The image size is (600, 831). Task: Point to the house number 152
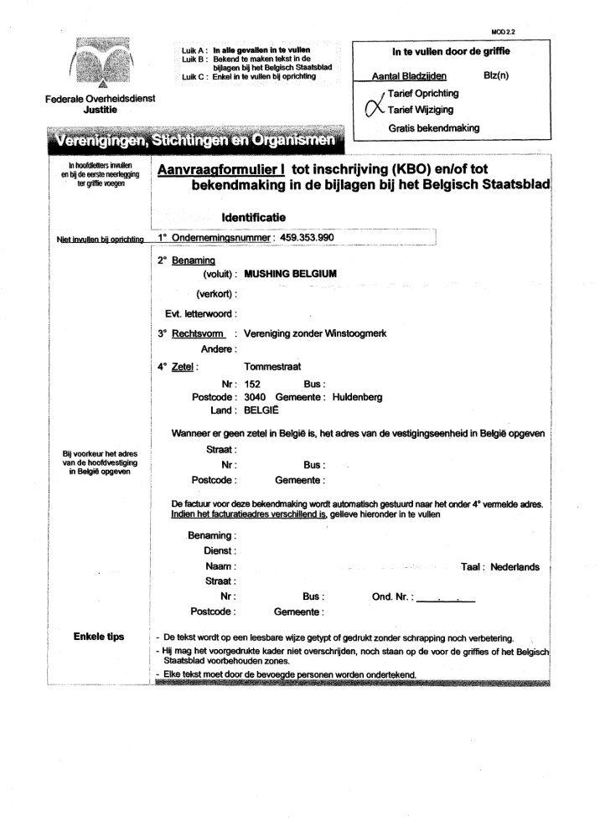pos(252,382)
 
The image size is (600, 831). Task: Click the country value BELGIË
pos(261,411)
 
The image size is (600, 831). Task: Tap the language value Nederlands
pos(515,567)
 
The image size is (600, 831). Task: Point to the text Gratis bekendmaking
pos(433,128)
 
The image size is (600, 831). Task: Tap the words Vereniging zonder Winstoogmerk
pos(314,333)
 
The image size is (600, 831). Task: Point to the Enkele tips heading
pos(99,637)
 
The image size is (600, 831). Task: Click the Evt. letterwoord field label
pos(200,313)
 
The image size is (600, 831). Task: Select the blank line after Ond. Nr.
pos(446,597)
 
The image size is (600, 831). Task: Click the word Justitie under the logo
pos(100,110)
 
